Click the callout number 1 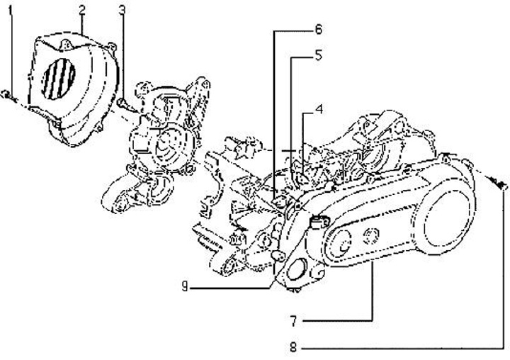coord(11,11)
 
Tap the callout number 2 coord(82,10)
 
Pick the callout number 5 coord(319,54)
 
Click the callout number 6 coord(319,30)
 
